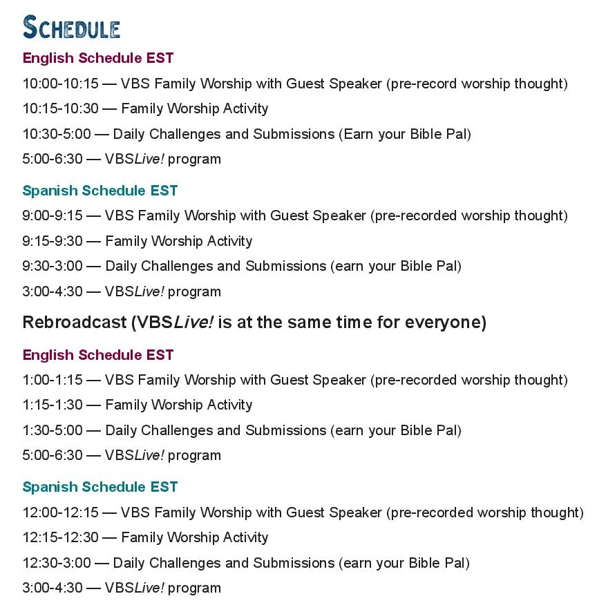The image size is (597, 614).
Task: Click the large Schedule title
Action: (71, 27)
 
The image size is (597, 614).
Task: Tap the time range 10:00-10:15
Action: (60, 84)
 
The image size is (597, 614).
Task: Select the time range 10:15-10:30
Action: (60, 108)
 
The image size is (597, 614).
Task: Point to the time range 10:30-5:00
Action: (57, 134)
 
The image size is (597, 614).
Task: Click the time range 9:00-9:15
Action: (53, 215)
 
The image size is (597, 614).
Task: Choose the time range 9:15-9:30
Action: (53, 241)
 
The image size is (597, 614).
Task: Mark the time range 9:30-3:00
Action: (53, 266)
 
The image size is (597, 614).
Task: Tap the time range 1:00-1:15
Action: (53, 380)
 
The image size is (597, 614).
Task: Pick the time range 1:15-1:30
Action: (53, 405)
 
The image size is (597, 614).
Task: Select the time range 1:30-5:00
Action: (53, 430)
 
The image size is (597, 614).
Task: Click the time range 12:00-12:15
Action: (60, 512)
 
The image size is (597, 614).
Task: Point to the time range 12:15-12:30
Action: (60, 537)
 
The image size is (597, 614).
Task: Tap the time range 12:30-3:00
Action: (57, 563)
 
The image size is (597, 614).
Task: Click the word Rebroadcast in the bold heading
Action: (75, 323)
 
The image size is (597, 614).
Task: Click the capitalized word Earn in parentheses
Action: (359, 134)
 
